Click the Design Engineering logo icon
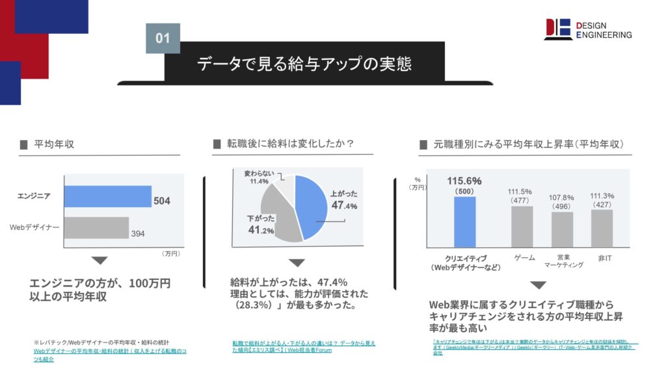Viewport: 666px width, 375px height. (558, 29)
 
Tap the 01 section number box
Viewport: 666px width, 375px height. (163, 38)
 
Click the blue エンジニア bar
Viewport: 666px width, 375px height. (107, 196)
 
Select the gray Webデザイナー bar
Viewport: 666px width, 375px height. (96, 227)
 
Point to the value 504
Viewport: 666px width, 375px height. (162, 201)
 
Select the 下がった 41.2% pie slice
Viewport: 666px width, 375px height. (278, 218)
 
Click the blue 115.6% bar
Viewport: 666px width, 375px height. (464, 222)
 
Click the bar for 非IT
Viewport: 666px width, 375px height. (602, 228)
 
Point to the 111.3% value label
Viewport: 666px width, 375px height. (602, 195)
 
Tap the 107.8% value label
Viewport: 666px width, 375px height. (562, 197)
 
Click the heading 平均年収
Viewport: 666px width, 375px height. (54, 144)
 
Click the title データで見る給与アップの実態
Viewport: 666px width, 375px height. (304, 64)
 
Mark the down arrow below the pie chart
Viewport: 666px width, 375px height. (297, 263)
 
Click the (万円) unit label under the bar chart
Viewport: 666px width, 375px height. (170, 253)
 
